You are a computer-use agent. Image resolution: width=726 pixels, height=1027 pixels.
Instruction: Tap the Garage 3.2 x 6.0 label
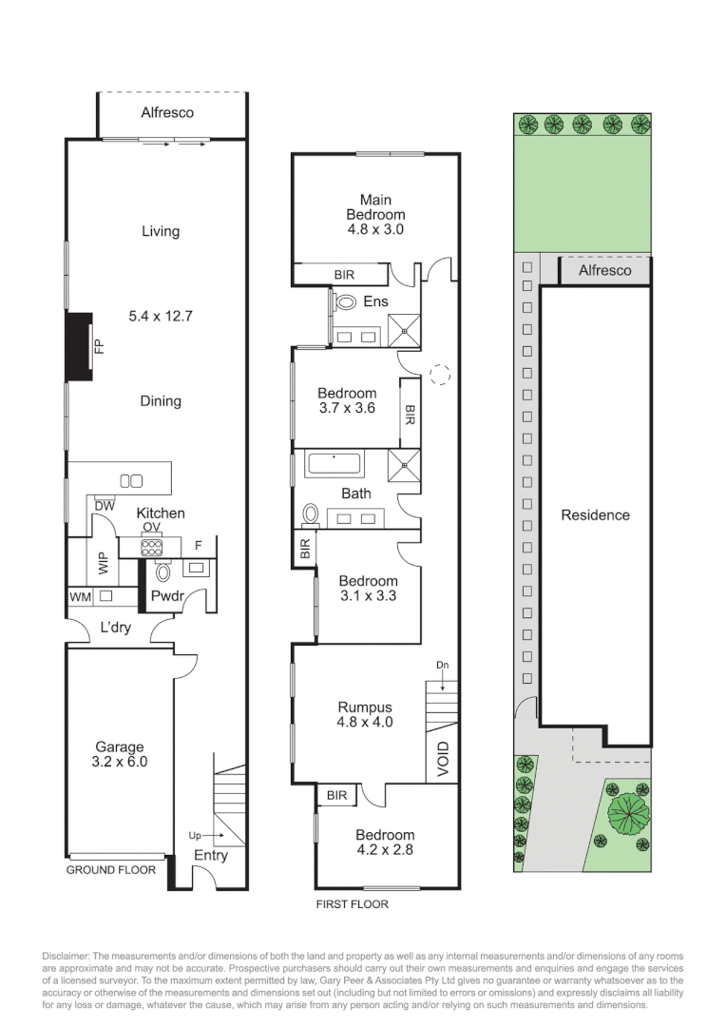tap(120, 754)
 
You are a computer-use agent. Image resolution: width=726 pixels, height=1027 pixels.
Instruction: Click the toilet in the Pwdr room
tap(162, 572)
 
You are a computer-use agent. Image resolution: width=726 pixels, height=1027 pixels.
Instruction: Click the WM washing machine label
tap(80, 597)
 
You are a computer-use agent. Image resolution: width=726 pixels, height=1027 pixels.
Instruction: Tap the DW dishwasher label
tap(104, 507)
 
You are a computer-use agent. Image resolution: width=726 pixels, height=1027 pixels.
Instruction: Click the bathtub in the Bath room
tap(334, 466)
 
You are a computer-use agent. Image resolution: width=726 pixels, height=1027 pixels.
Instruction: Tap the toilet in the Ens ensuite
tap(345, 302)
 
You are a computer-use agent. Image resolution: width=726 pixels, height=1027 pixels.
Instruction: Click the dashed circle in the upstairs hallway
tap(439, 374)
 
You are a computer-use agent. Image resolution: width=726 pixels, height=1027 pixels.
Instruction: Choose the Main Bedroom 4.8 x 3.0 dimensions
tap(375, 229)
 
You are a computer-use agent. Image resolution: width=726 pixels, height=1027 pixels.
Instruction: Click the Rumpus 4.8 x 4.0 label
tap(365, 714)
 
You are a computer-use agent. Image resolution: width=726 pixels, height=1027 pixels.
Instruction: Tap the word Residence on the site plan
tap(595, 515)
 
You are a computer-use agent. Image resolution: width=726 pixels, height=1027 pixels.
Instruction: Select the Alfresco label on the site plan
tap(604, 270)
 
